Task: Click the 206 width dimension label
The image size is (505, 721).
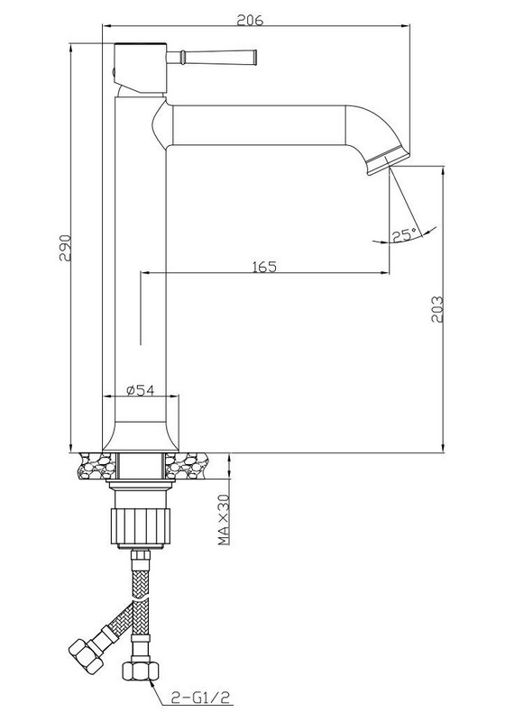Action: pos(250,20)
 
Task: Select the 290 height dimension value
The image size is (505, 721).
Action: pos(65,249)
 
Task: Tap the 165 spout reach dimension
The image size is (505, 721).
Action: pos(264,267)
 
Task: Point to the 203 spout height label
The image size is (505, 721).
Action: pos(437,309)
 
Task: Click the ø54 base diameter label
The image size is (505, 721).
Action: pos(140,390)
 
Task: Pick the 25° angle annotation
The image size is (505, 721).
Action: pos(404,236)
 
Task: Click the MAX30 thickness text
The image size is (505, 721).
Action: pos(224,520)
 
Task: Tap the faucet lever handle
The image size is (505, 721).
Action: pos(212,58)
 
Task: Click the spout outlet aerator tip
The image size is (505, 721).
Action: pos(387,162)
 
